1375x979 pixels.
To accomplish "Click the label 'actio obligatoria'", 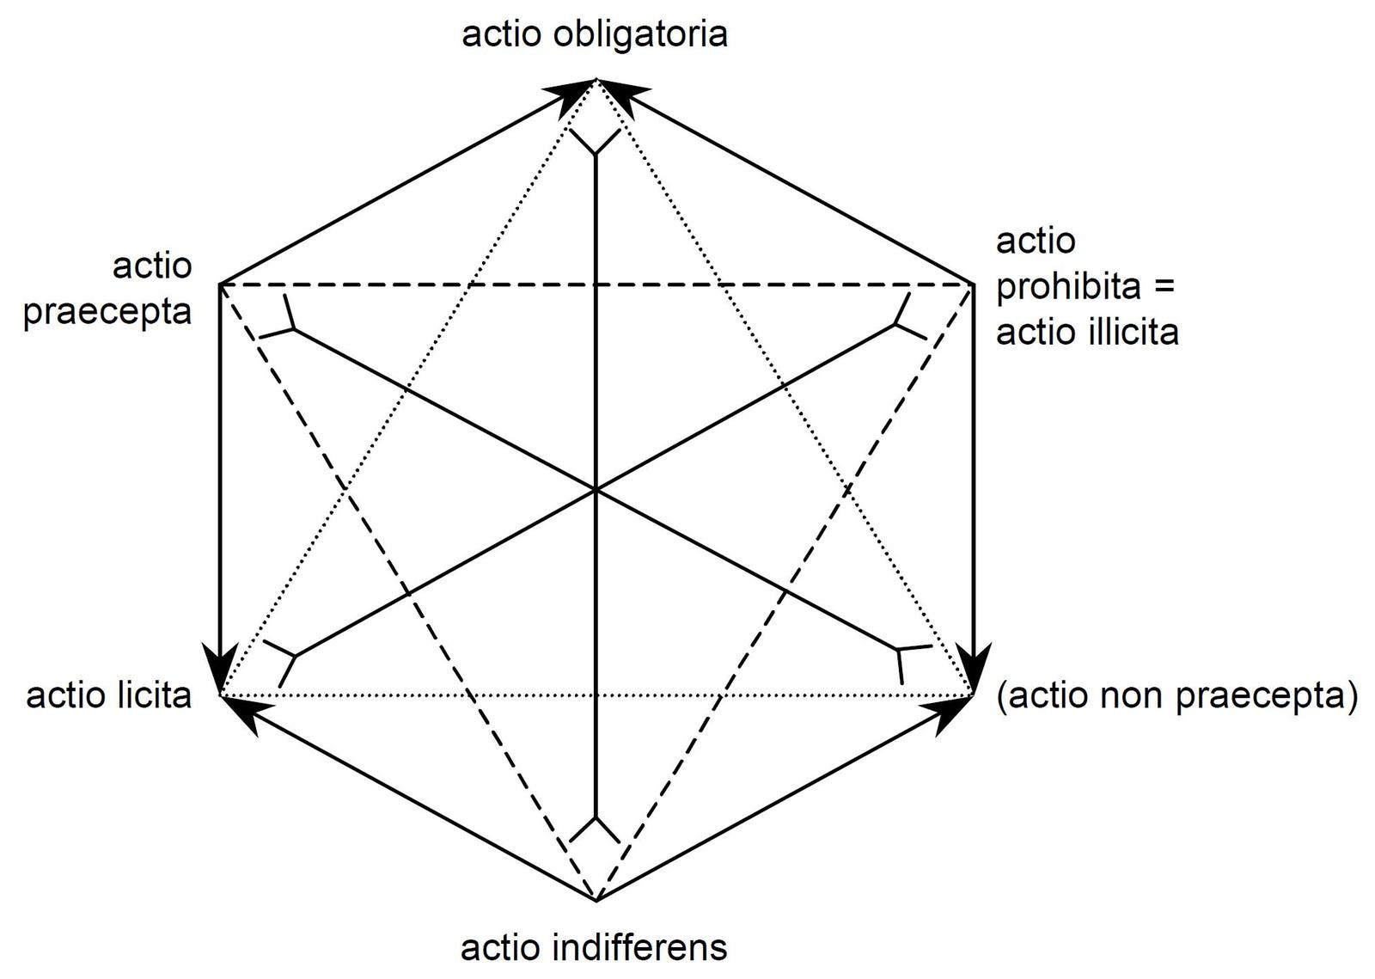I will (x=595, y=34).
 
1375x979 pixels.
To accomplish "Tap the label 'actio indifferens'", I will (x=595, y=947).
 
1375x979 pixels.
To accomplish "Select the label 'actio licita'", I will (x=109, y=694).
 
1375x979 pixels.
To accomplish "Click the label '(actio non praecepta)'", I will (x=1176, y=694).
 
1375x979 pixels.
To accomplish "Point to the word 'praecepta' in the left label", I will (x=107, y=310).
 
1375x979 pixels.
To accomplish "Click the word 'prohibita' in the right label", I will (x=1066, y=286).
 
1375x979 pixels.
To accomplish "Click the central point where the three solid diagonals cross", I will (x=595, y=490).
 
